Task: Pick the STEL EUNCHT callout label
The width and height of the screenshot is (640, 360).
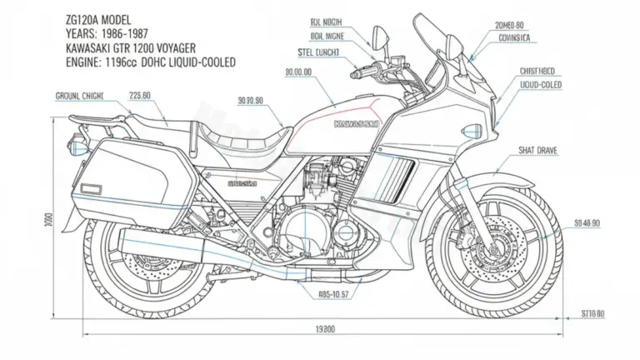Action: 310,52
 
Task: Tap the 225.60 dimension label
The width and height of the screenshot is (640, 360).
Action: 140,95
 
